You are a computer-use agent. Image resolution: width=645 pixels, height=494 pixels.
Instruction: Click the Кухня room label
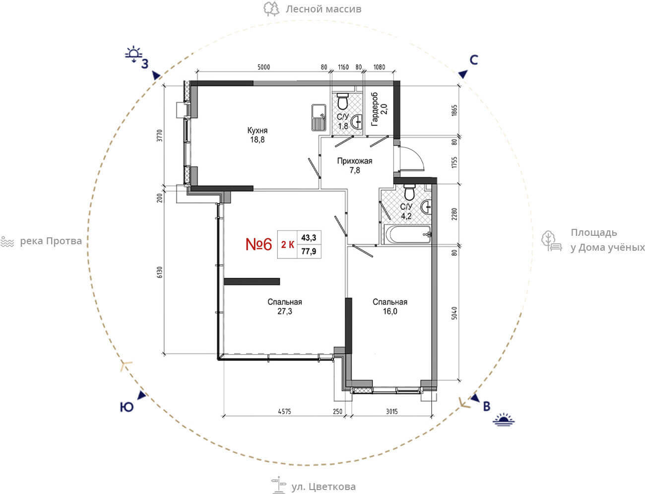coord(257,130)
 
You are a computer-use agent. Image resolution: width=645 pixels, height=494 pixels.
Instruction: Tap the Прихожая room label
coord(355,161)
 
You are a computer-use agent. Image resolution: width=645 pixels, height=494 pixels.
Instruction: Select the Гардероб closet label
coord(375,109)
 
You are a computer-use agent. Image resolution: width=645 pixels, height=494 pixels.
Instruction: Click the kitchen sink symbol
coord(319,118)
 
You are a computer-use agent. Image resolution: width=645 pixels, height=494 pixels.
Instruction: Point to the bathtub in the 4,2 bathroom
coord(407,234)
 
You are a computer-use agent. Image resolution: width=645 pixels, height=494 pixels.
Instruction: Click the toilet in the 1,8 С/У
coord(342,101)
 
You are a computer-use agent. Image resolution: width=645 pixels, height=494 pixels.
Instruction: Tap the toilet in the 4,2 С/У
coord(409,192)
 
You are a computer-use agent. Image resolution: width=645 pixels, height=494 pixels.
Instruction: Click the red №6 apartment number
coord(258,244)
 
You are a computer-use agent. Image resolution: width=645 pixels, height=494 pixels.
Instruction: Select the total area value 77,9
coord(309,251)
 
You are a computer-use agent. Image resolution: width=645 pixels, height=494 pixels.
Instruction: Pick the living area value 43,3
coord(309,237)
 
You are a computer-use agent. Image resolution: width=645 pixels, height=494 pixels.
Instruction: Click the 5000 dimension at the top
coord(263,67)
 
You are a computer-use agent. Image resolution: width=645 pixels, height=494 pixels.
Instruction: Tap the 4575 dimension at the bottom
coord(284,412)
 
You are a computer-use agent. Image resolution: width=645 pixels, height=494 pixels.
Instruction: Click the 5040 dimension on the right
coord(454,313)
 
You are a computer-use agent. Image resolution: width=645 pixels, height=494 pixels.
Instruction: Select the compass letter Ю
coord(127,407)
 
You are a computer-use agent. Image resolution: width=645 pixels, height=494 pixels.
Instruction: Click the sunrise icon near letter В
coord(504,420)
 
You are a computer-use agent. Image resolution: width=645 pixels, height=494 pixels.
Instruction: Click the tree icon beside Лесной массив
coord(271,8)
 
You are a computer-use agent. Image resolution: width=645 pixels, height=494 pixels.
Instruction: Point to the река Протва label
coord(51,241)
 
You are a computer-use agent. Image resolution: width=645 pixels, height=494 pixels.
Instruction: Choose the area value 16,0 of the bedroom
coord(390,311)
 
